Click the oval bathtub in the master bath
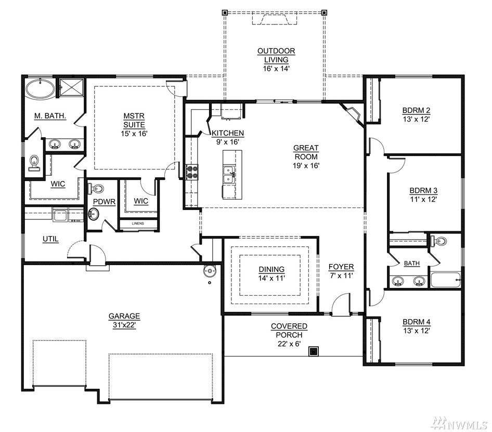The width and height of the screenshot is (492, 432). click(x=40, y=89)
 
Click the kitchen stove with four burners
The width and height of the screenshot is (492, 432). click(x=192, y=172)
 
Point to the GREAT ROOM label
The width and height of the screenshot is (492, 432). click(x=306, y=152)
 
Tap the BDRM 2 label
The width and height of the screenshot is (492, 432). click(x=416, y=110)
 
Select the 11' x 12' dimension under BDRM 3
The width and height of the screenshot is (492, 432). click(x=423, y=199)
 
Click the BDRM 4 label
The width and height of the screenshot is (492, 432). click(x=417, y=322)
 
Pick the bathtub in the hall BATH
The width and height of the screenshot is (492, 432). click(x=446, y=280)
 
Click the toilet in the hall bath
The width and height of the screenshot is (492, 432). click(x=439, y=241)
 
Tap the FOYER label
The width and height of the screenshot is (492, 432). click(x=341, y=267)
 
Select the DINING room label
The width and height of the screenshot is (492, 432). click(x=271, y=269)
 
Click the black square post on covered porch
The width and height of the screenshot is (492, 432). click(x=314, y=351)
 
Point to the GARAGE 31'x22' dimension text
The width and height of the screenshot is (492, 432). click(x=124, y=325)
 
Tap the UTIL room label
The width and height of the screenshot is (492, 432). click(x=50, y=239)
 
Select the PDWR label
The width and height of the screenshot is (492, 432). click(x=104, y=202)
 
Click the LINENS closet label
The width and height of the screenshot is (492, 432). click(x=138, y=224)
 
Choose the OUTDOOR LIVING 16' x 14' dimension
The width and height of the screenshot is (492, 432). click(x=276, y=69)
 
